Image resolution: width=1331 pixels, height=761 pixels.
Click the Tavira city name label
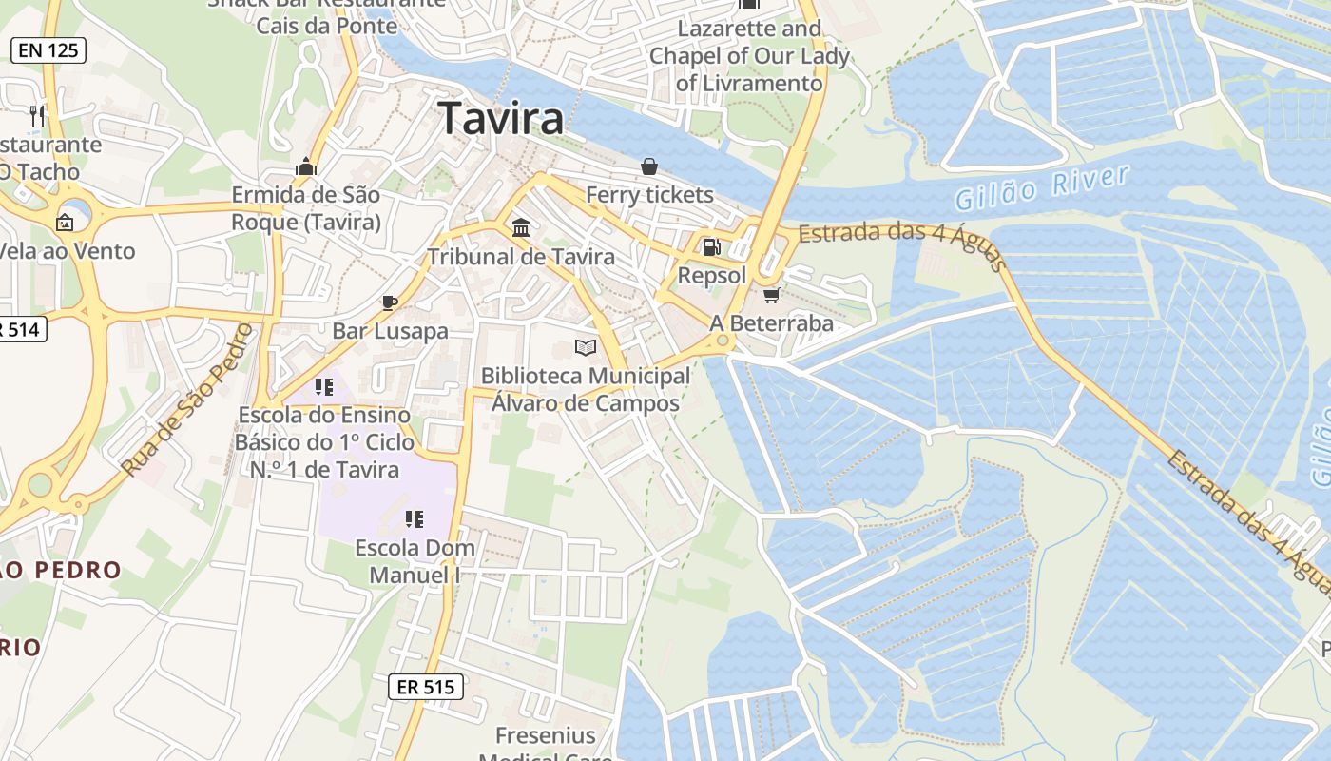pyautogui.click(x=501, y=119)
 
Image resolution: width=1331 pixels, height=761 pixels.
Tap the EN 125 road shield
pyautogui.click(x=48, y=50)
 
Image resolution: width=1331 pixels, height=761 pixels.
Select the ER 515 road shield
pyautogui.click(x=426, y=687)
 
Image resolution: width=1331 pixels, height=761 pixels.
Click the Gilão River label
pyautogui.click(x=1042, y=187)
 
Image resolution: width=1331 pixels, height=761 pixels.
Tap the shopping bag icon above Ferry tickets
pyautogui.click(x=649, y=167)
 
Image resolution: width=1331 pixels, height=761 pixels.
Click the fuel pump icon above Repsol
pyautogui.click(x=710, y=247)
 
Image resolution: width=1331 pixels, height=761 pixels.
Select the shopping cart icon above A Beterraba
pyautogui.click(x=771, y=295)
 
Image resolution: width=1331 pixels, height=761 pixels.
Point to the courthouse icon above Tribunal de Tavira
pyautogui.click(x=521, y=228)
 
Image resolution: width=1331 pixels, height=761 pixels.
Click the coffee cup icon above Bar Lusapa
pyautogui.click(x=389, y=302)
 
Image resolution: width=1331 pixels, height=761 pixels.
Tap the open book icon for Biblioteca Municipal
pyautogui.click(x=586, y=348)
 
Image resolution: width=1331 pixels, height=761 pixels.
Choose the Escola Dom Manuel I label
pyautogui.click(x=415, y=561)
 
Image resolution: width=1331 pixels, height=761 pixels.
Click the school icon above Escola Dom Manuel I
pyautogui.click(x=414, y=519)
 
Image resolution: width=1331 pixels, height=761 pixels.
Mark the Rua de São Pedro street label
pyautogui.click(x=187, y=400)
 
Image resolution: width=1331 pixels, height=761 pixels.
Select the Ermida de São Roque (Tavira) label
pyautogui.click(x=306, y=208)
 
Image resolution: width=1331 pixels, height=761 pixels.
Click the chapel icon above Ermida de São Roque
pyautogui.click(x=305, y=167)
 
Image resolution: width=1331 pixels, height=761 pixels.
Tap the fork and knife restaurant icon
pyautogui.click(x=37, y=116)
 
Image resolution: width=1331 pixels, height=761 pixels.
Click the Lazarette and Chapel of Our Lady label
pyautogui.click(x=749, y=56)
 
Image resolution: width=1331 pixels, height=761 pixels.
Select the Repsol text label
pyautogui.click(x=712, y=276)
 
